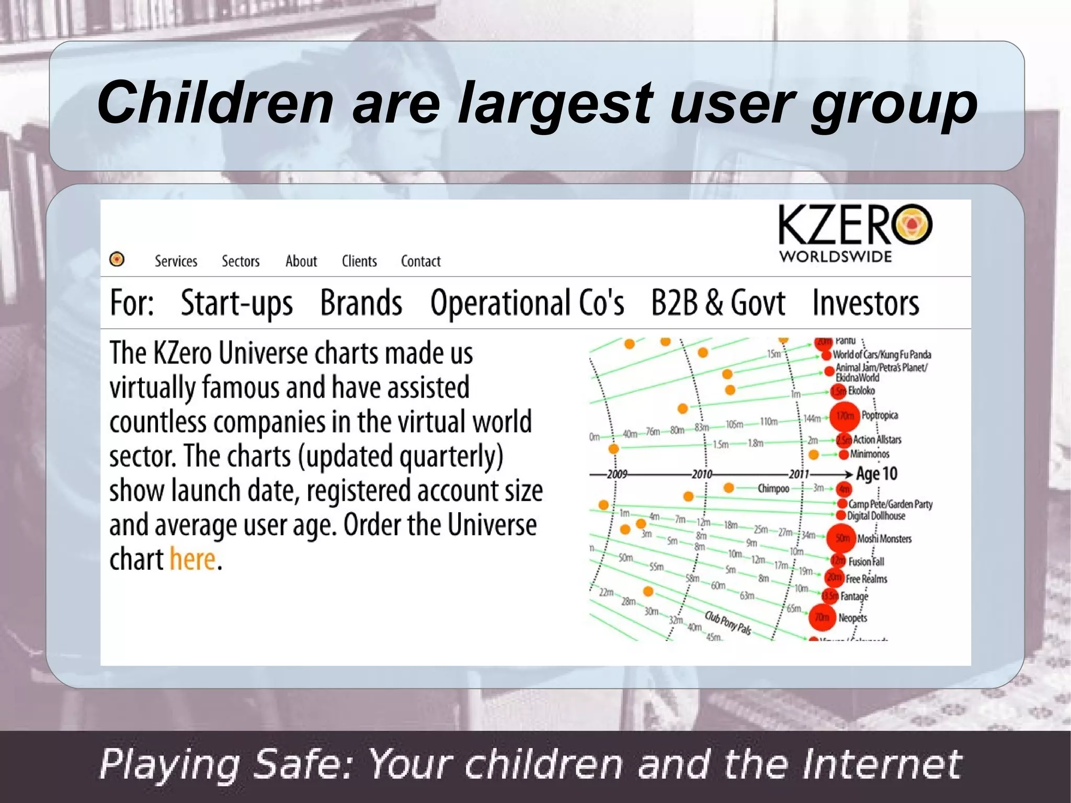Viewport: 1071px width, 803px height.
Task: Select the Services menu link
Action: click(176, 261)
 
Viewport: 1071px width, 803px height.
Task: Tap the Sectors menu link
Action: click(241, 261)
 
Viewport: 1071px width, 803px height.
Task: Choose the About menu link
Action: click(301, 261)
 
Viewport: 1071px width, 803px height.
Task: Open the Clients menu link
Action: click(359, 261)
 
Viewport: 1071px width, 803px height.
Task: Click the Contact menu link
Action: click(420, 261)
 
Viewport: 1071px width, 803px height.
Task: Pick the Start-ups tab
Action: click(236, 303)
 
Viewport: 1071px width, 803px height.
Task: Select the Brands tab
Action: click(361, 303)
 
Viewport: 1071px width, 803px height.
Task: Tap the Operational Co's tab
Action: click(527, 303)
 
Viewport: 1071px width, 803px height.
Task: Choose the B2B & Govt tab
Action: click(717, 303)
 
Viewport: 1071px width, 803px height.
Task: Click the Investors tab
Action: click(865, 303)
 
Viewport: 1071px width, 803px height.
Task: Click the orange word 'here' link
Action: click(192, 560)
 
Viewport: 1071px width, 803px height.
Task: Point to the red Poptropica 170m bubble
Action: click(845, 416)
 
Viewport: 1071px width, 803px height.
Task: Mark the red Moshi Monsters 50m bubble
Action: click(841, 538)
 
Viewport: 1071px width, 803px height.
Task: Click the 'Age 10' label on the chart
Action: click(876, 474)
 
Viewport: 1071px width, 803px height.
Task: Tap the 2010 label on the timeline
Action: click(702, 474)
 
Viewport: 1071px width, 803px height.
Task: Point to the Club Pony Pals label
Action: click(728, 623)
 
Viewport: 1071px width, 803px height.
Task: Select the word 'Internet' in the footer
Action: click(882, 764)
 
